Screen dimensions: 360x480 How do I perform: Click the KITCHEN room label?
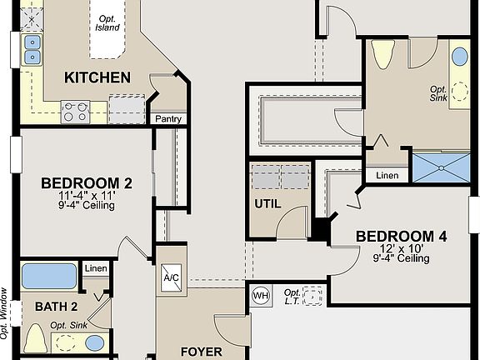tap(97, 77)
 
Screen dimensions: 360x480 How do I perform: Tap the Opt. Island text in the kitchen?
tap(108, 22)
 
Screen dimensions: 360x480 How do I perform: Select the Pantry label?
tap(167, 119)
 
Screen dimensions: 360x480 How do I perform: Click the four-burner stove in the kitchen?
tap(76, 111)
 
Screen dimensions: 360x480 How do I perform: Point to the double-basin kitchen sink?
tap(32, 49)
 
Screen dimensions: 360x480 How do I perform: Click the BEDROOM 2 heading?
tap(87, 183)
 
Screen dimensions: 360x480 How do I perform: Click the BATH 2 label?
tap(57, 307)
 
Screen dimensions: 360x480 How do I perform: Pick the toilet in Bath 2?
tap(35, 339)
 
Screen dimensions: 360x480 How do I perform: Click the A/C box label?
tap(171, 277)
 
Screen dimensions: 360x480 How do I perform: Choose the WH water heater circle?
tap(260, 295)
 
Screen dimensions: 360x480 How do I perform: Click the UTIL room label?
tap(267, 203)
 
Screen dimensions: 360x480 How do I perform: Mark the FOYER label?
tap(201, 352)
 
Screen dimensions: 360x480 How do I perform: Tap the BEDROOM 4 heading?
tap(402, 237)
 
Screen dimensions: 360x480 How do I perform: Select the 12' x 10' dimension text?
tap(402, 248)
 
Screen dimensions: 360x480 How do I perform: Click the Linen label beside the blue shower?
tap(387, 176)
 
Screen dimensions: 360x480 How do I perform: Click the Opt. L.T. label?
tap(292, 297)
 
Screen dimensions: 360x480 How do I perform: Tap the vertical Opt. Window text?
tap(5, 312)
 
